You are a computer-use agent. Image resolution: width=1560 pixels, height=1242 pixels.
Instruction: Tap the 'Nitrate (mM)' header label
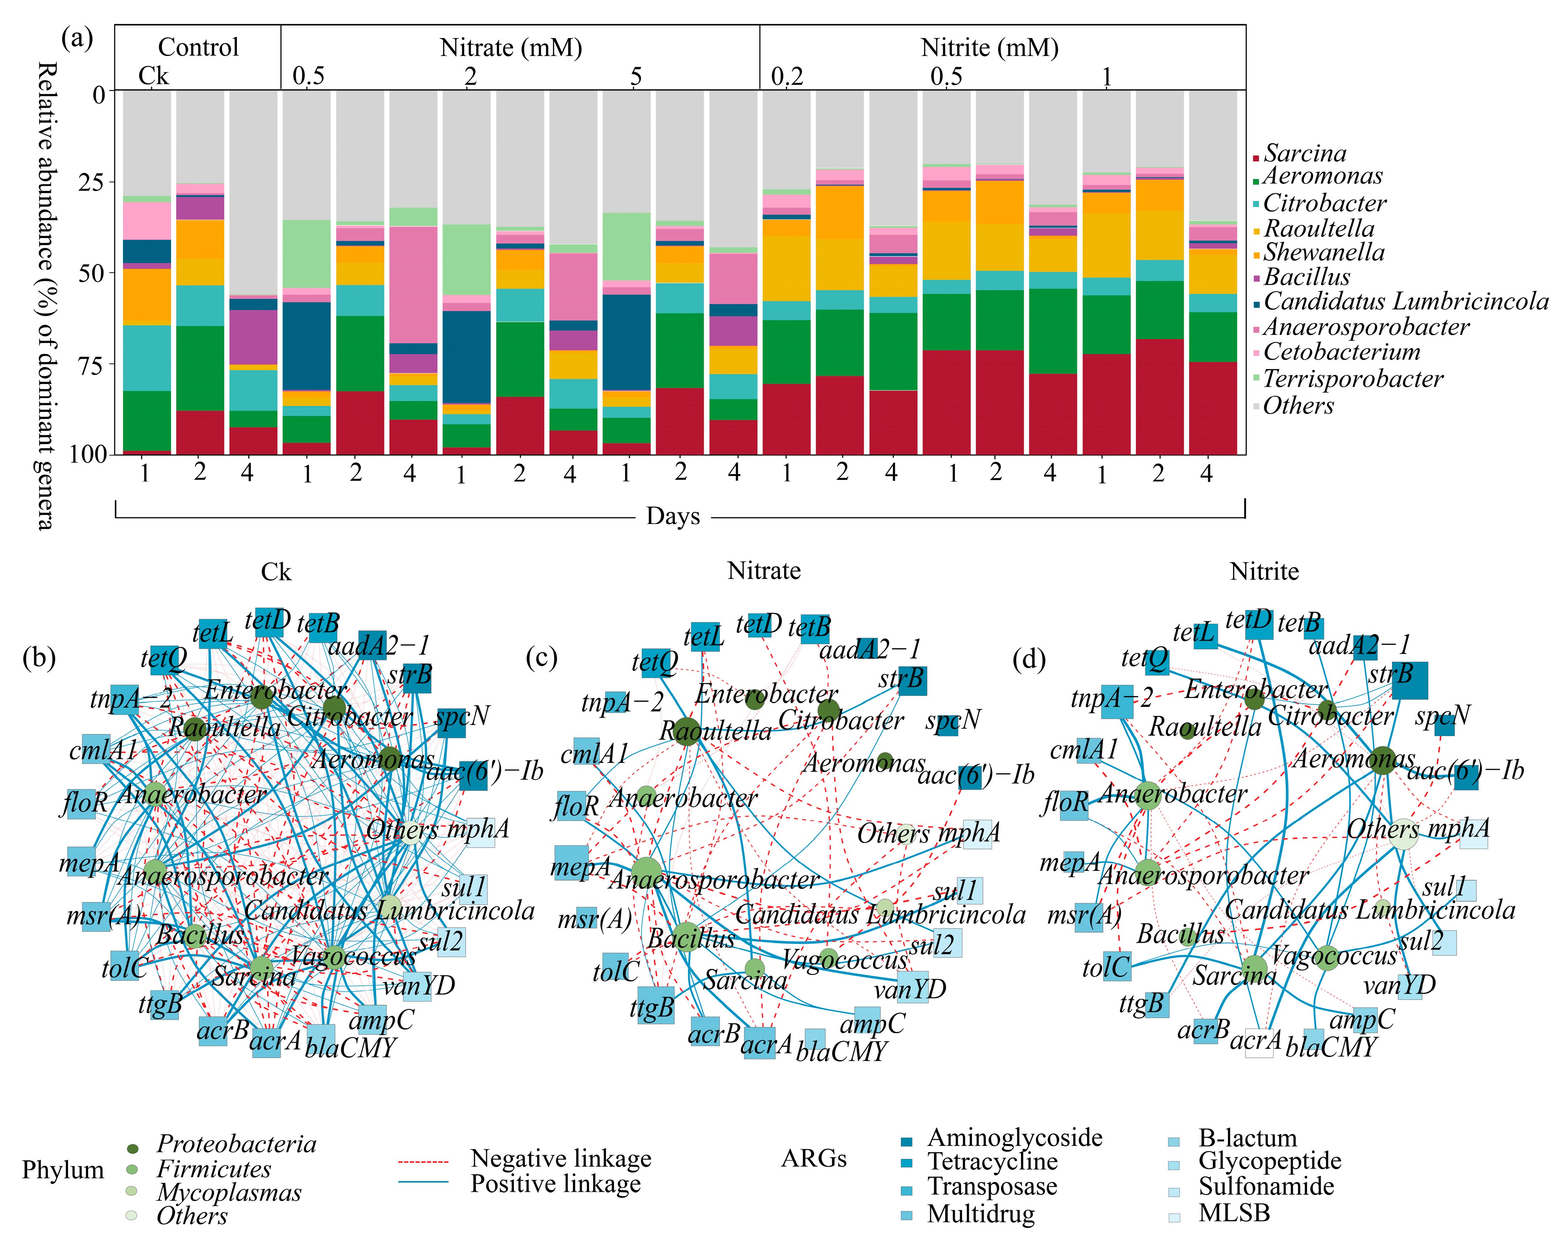(511, 48)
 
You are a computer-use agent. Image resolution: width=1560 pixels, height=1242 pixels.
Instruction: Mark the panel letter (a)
(77, 38)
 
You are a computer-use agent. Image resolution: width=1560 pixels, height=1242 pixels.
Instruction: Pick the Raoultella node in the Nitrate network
(687, 731)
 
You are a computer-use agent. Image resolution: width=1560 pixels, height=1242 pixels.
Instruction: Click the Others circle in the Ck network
(410, 832)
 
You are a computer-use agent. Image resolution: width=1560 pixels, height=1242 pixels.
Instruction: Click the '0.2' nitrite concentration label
(787, 77)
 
